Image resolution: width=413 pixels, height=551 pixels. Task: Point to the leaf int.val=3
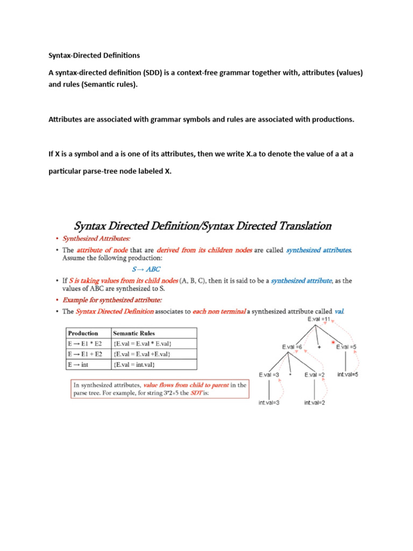pos(269,402)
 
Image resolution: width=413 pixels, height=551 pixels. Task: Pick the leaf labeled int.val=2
pos(315,402)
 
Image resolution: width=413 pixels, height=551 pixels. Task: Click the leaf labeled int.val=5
pos(348,374)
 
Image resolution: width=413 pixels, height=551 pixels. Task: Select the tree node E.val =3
pos(269,375)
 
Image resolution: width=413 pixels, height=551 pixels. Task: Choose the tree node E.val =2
pos(315,375)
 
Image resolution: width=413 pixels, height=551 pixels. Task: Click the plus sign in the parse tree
pos(319,348)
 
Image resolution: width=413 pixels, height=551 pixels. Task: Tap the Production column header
pos(83,333)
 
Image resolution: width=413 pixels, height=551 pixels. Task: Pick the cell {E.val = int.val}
pos(134,365)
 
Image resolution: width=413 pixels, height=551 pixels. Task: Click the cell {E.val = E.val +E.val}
pos(143,354)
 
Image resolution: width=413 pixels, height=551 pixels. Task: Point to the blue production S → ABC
pos(146,269)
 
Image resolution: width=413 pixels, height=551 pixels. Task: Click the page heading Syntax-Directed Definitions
pos(94,55)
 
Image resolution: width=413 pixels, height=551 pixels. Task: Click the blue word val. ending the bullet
pos(339,311)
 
